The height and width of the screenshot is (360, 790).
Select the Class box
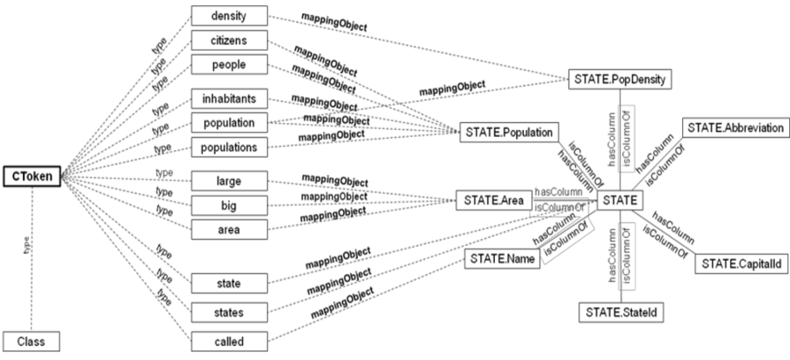32,340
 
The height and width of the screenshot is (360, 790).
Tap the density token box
229,16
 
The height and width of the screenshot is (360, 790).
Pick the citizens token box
229,40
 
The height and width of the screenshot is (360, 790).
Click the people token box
229,64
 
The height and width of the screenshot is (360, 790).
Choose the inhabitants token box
229,99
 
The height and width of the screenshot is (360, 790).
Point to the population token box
229,124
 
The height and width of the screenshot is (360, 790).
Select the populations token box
229,148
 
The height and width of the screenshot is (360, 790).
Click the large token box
229,182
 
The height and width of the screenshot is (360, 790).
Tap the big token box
229,205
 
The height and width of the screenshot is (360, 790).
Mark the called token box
229,342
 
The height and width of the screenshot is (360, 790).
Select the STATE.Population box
509,133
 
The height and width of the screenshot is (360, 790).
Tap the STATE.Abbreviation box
736,127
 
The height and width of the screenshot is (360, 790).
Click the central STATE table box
621,201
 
